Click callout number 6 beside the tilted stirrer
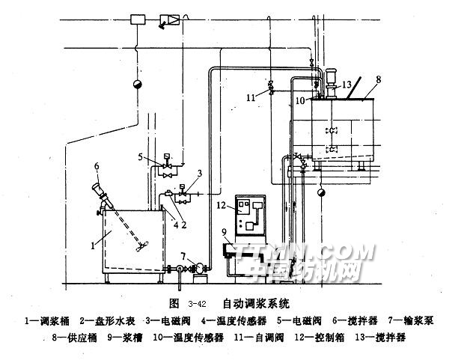point(96,165)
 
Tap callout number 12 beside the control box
point(222,204)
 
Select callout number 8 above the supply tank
point(379,78)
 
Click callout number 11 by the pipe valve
point(251,96)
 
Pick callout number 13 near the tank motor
point(347,85)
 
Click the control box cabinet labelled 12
point(250,215)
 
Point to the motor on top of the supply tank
point(329,78)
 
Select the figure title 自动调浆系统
point(256,304)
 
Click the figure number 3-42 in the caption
point(198,305)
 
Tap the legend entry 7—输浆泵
point(415,320)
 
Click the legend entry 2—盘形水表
point(108,320)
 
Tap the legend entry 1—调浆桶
point(46,320)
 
